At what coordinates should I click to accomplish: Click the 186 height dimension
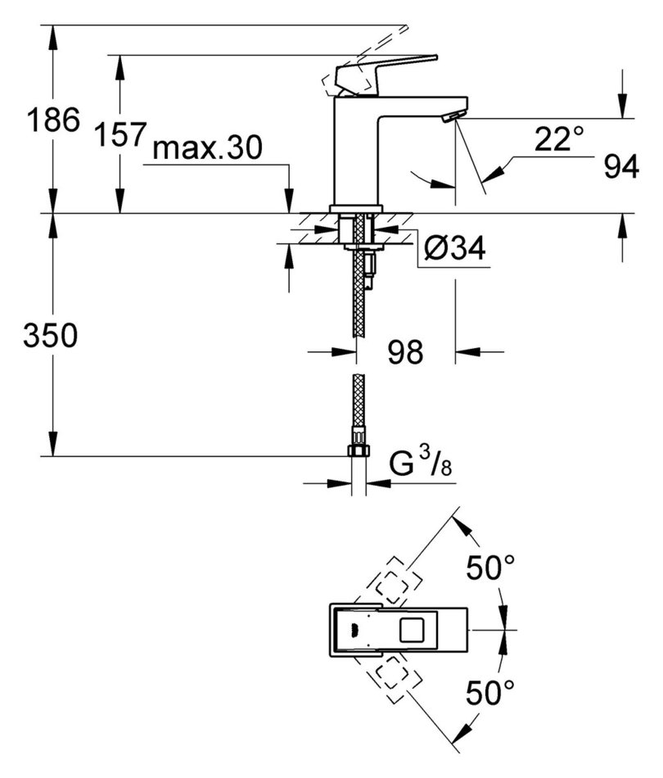54,122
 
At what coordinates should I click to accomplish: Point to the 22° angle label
560,139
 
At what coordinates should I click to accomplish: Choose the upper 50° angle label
490,567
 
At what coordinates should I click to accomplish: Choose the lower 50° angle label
490,694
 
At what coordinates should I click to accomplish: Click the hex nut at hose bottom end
358,451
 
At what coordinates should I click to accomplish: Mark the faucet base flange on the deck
356,208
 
